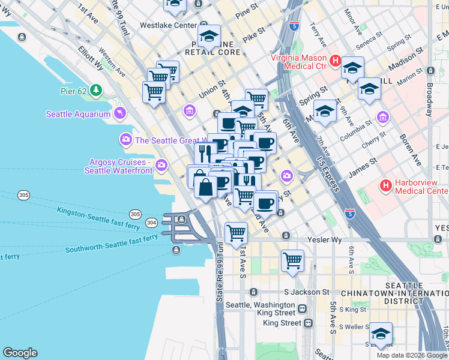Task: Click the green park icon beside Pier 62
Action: click(96, 91)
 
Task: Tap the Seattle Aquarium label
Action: click(79, 114)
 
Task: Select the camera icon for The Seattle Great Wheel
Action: click(125, 140)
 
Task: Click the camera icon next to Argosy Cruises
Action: click(161, 166)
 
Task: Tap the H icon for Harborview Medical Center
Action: click(386, 187)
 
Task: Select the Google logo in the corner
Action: click(20, 353)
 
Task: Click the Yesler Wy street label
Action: click(324, 239)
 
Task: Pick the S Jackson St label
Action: click(307, 292)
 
